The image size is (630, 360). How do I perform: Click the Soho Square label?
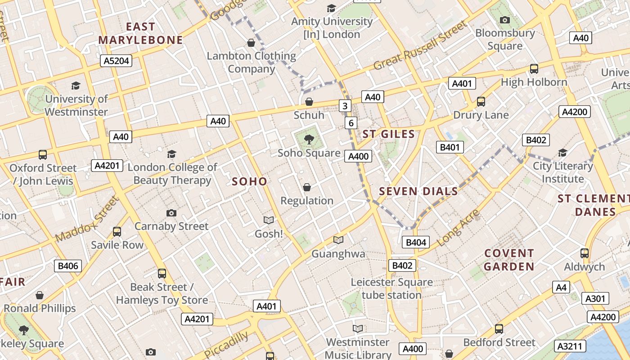[x=309, y=153]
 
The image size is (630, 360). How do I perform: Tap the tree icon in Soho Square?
[x=309, y=139]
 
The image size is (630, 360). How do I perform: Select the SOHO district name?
[x=249, y=182]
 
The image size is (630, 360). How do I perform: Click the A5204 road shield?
[x=117, y=61]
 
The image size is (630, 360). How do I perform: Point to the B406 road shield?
[x=68, y=266]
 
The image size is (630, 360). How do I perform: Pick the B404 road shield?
[x=416, y=243]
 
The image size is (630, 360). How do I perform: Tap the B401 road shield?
[x=450, y=147]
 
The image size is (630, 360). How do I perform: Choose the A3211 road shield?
[x=571, y=346]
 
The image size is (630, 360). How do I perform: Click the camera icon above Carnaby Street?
[x=171, y=213]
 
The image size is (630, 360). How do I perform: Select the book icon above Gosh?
[x=269, y=220]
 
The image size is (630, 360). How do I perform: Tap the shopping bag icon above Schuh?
[x=309, y=102]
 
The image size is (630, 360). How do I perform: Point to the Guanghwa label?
[x=338, y=254]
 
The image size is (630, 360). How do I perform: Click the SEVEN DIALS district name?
[x=418, y=192]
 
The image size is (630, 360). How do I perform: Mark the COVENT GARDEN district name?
[x=509, y=260]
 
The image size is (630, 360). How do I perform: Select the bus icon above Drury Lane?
[x=481, y=102]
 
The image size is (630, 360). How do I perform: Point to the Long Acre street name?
[x=458, y=228]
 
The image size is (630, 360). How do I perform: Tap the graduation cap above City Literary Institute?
[x=562, y=153]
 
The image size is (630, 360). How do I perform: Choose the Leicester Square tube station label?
[x=391, y=288]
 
